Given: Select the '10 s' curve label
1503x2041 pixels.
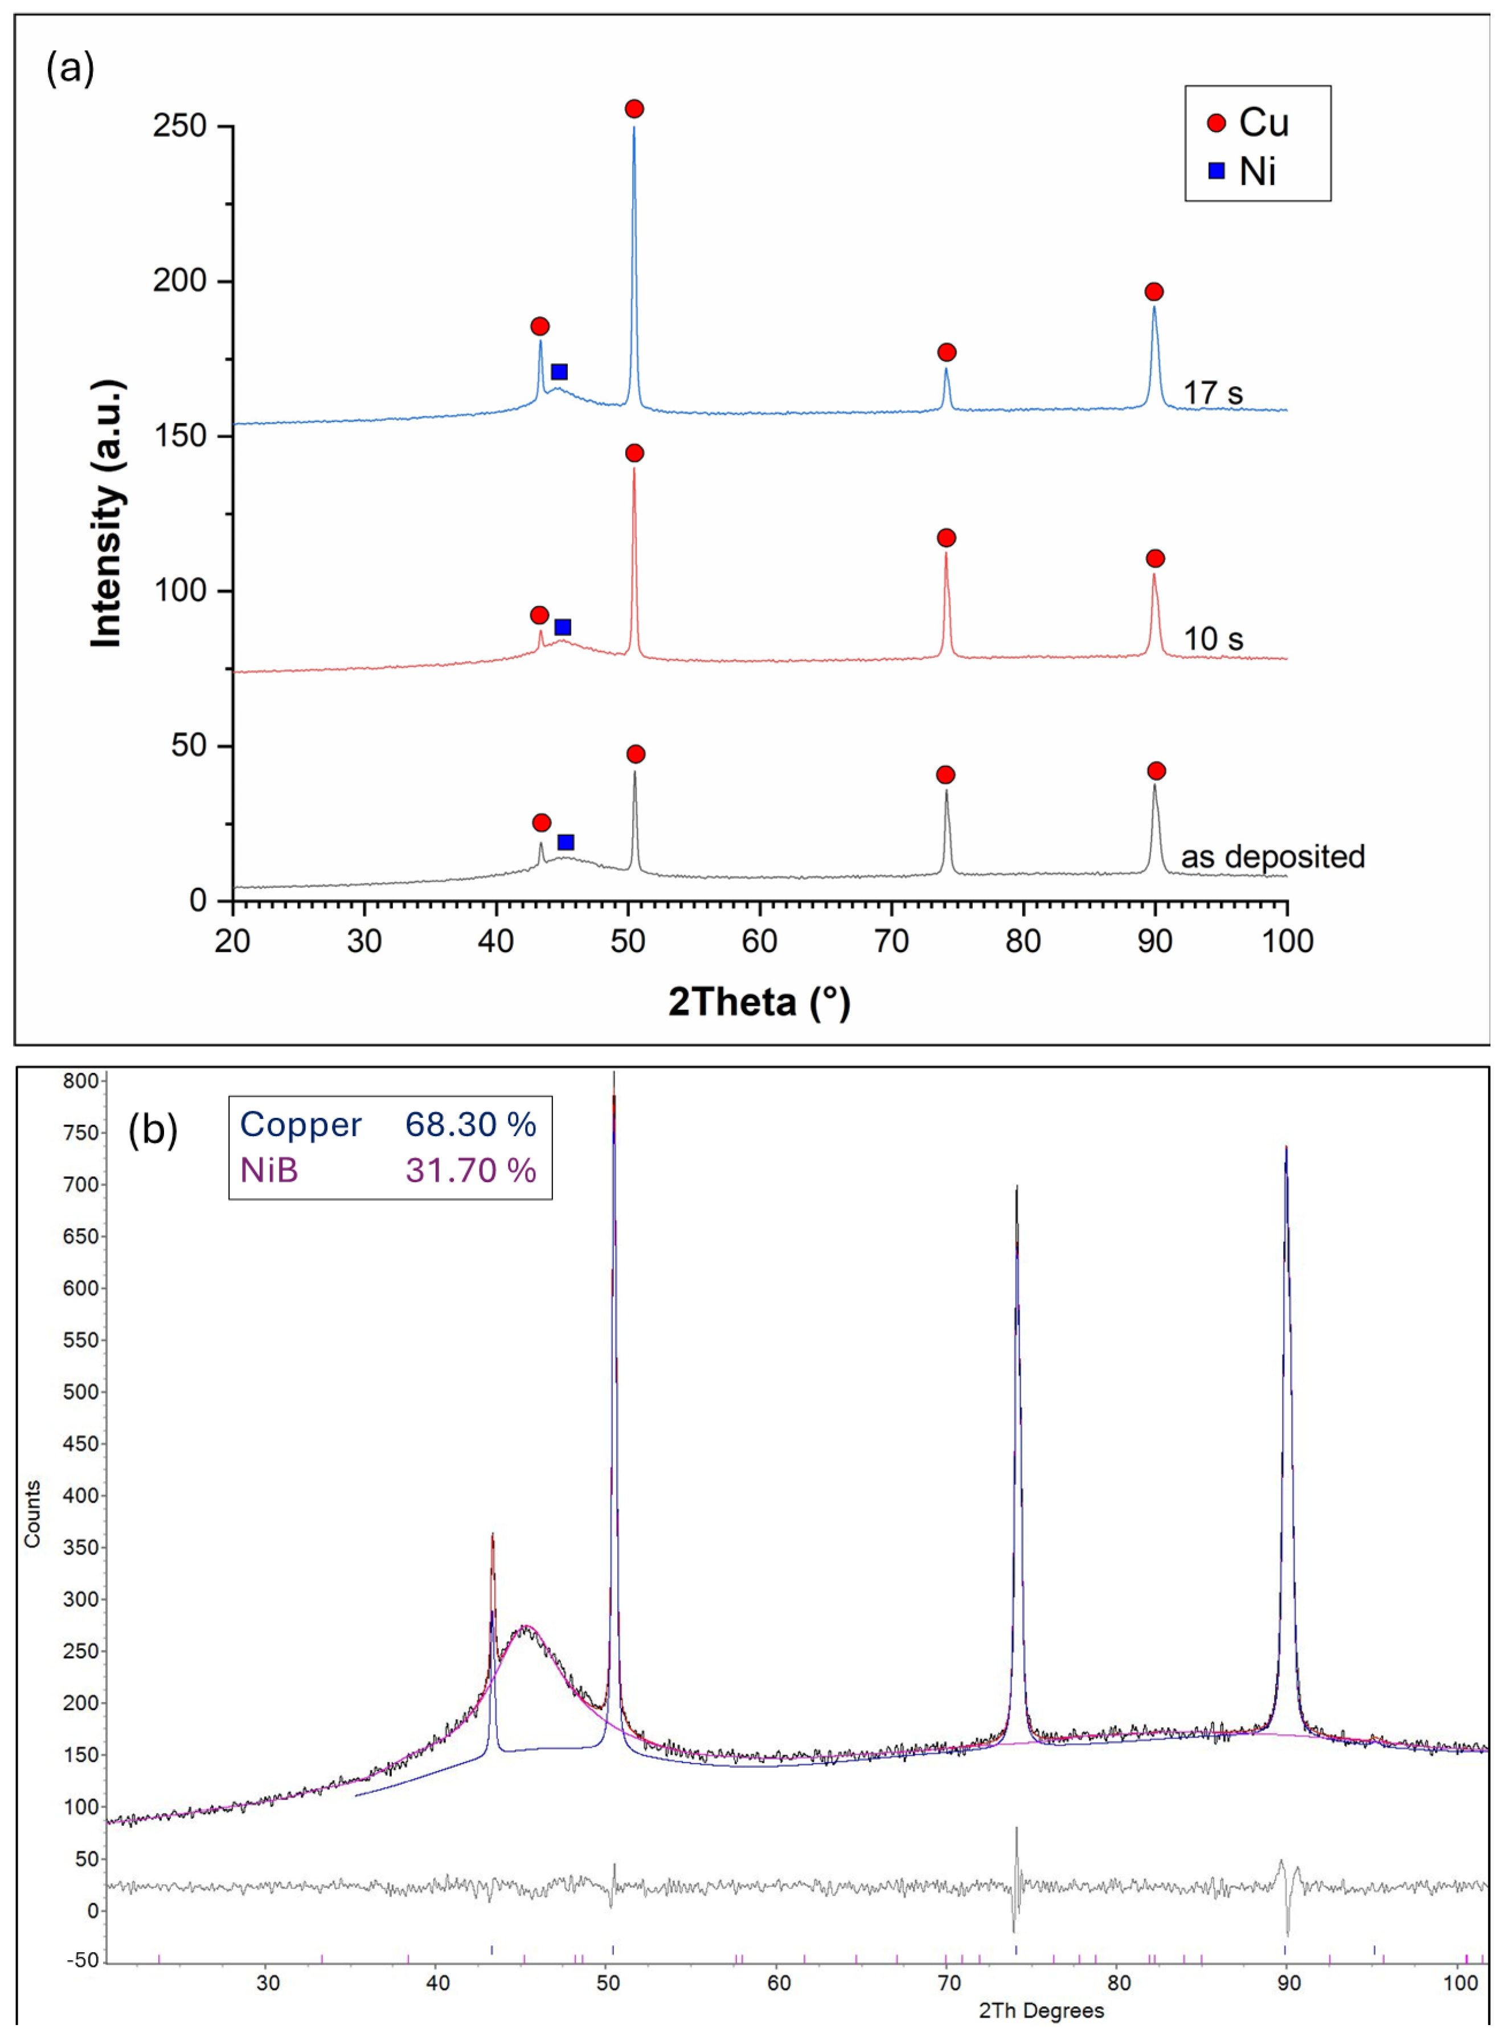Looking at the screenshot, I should click(x=1212, y=640).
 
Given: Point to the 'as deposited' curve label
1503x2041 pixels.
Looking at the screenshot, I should click(x=1272, y=857).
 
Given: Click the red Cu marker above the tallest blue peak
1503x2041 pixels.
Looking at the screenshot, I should click(x=634, y=109).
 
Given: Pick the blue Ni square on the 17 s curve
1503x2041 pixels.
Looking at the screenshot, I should click(x=559, y=372).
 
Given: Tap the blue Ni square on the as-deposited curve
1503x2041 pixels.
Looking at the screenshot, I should click(x=566, y=842).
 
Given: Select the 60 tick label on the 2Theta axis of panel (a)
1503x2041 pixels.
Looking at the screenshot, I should click(x=759, y=941).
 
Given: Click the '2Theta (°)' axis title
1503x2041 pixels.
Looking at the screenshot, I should click(x=759, y=1002).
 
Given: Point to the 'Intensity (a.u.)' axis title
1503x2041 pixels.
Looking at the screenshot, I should click(x=107, y=513).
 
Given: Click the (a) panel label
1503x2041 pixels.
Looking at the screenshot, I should click(x=70, y=68).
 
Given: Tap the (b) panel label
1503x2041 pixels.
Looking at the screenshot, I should click(x=152, y=1130).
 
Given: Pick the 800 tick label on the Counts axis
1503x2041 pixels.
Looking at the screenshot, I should click(x=80, y=1081).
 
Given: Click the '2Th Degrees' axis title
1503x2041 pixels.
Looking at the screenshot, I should click(x=1041, y=2011).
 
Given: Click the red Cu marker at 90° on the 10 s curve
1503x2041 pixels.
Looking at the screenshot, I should click(x=1154, y=559).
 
